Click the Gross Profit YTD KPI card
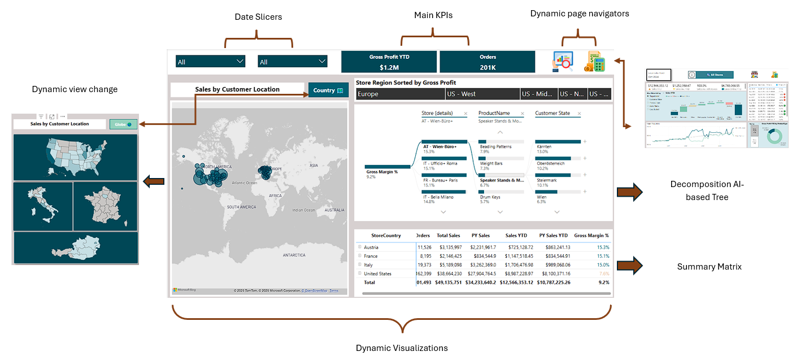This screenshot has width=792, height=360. tap(389, 62)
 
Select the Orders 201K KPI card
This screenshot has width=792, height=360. tap(487, 62)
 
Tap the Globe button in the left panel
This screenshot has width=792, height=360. tap(123, 124)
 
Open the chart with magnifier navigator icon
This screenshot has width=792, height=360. tap(563, 61)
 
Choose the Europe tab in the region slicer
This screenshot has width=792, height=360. tap(399, 94)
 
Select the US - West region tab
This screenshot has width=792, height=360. tap(481, 94)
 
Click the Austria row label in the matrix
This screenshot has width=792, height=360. tap(371, 247)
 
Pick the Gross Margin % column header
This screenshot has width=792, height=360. tap(591, 235)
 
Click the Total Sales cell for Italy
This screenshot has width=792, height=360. tap(450, 264)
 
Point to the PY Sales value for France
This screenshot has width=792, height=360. tap(482, 256)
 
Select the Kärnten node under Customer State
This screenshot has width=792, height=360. tap(543, 147)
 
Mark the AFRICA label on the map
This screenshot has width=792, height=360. tap(275, 196)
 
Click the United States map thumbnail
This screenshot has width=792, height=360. tap(75, 157)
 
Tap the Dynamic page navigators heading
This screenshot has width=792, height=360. tap(579, 13)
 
